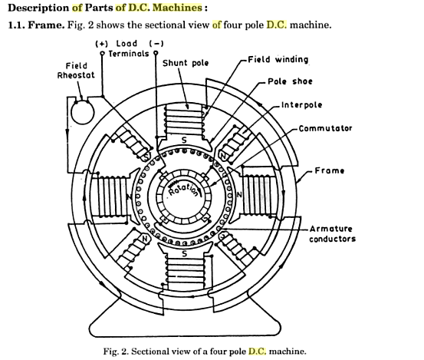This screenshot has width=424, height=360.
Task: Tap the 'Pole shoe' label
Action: click(x=291, y=81)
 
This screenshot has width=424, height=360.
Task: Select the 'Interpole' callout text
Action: click(x=302, y=105)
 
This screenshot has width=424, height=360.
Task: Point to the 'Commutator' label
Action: click(x=325, y=128)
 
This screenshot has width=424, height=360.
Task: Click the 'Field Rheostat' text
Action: click(x=75, y=71)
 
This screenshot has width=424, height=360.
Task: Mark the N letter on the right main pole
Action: click(x=238, y=195)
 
